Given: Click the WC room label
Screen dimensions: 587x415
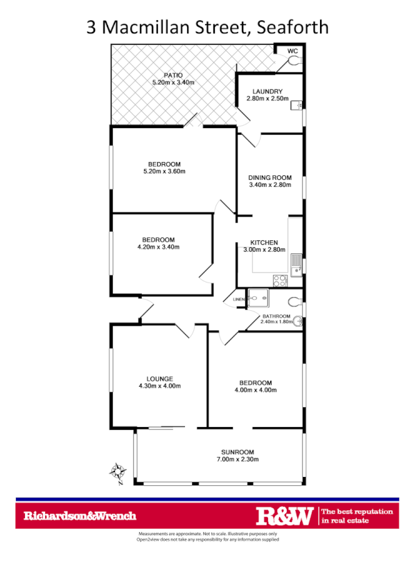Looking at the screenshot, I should pyautogui.click(x=292, y=51).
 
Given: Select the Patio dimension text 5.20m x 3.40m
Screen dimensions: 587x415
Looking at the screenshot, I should pyautogui.click(x=173, y=83).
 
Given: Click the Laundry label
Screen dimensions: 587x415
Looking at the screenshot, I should pyautogui.click(x=267, y=91).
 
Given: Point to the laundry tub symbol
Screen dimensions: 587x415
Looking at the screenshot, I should pyautogui.click(x=297, y=106).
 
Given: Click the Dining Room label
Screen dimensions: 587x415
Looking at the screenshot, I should pyautogui.click(x=270, y=177).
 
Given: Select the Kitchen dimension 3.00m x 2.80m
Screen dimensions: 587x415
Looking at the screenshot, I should pyautogui.click(x=264, y=250).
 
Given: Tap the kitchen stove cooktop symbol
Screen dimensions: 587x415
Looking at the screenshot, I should pyautogui.click(x=280, y=280).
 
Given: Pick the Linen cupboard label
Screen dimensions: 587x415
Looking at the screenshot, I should pyautogui.click(x=239, y=299).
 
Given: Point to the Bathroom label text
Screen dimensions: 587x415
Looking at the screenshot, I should pyautogui.click(x=276, y=316).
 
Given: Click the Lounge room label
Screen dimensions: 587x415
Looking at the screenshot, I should pyautogui.click(x=159, y=379).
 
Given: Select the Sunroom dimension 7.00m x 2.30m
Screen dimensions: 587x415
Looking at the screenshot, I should pyautogui.click(x=234, y=459).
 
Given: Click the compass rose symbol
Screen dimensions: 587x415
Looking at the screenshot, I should pyautogui.click(x=118, y=472).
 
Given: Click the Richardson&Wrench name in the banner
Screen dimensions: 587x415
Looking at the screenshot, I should pyautogui.click(x=80, y=516).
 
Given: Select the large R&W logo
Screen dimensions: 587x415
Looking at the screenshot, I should pyautogui.click(x=285, y=516).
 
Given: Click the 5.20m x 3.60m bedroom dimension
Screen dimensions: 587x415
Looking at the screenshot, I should pyautogui.click(x=164, y=171).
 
